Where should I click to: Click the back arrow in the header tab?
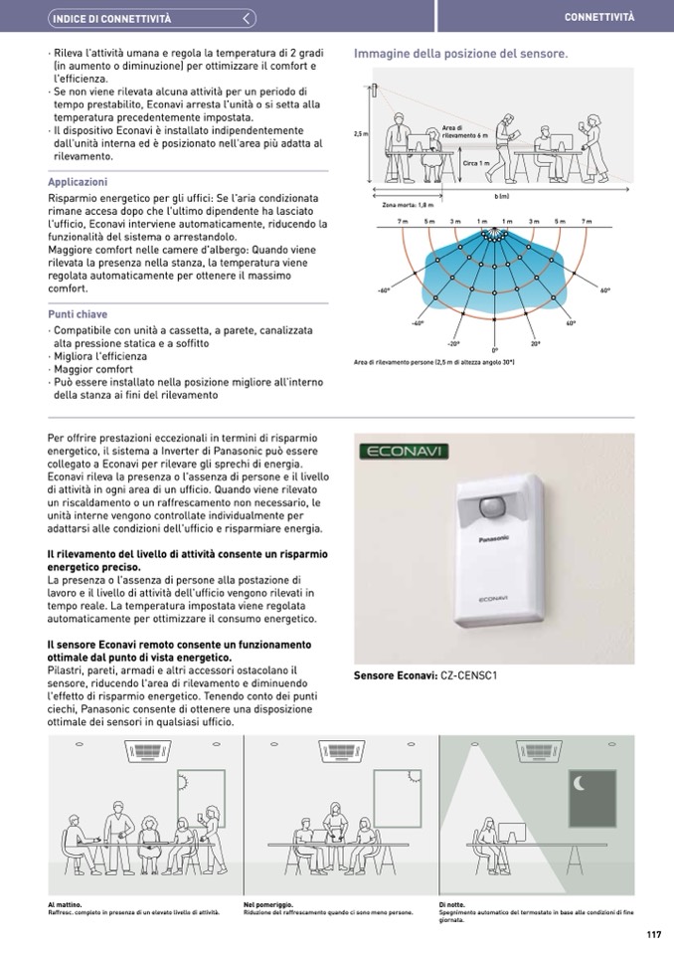249,19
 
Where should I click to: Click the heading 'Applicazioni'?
78,182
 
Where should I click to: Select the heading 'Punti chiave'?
78,314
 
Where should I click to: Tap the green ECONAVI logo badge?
405,452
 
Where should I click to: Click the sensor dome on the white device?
492,507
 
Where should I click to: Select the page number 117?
653,934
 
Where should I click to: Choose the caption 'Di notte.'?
451,903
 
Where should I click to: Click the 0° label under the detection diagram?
495,350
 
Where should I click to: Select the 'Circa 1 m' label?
476,163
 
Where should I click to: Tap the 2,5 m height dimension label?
360,133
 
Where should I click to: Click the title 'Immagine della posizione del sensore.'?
460,54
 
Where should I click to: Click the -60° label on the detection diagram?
383,291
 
